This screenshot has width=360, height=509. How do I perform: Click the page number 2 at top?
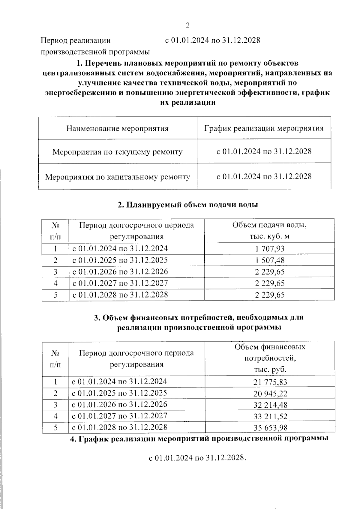(x=188, y=25)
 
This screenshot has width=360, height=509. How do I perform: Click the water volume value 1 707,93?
(x=270, y=249)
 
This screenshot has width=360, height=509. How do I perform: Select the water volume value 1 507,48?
(x=270, y=260)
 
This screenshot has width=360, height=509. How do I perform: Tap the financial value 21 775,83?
(x=270, y=382)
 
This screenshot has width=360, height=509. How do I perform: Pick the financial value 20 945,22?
(x=270, y=394)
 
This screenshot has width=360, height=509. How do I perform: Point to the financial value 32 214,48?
(x=270, y=405)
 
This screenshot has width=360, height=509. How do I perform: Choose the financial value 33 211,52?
(x=270, y=416)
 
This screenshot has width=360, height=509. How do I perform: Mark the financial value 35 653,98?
(x=270, y=428)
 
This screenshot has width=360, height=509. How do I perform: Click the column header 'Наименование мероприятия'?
(x=117, y=129)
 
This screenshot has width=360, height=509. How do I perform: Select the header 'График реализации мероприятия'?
(x=264, y=128)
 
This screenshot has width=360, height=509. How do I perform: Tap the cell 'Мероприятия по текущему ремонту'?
(x=117, y=152)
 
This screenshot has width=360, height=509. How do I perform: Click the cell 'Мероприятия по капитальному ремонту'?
(x=117, y=177)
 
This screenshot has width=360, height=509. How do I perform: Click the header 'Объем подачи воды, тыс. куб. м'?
(x=269, y=230)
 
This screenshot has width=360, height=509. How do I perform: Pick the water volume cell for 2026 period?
(x=270, y=272)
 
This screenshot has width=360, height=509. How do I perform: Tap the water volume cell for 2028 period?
(x=270, y=295)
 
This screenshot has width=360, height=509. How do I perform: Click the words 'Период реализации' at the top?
(x=76, y=40)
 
